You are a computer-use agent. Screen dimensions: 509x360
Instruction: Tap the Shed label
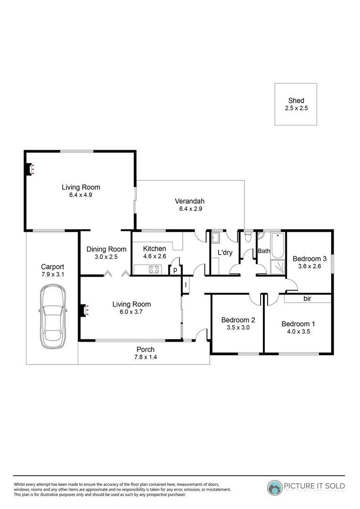296,100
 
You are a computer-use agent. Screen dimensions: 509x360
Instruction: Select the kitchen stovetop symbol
154,270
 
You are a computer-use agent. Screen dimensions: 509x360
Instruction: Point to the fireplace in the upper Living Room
30,169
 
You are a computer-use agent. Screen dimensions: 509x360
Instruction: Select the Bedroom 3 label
310,258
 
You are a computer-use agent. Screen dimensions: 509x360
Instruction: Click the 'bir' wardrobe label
307,299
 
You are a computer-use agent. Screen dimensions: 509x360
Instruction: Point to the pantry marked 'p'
175,270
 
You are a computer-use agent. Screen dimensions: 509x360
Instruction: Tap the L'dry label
225,252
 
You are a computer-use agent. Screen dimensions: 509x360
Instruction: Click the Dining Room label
106,249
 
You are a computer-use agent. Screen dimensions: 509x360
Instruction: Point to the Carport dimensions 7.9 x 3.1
52,274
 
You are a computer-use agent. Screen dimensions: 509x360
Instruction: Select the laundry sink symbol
216,237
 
